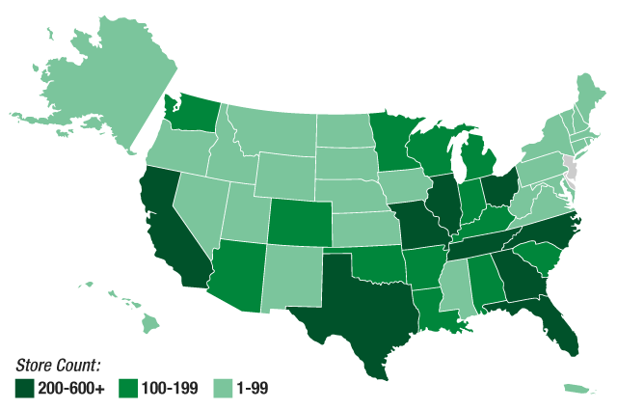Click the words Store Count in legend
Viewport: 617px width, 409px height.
tap(58, 366)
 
